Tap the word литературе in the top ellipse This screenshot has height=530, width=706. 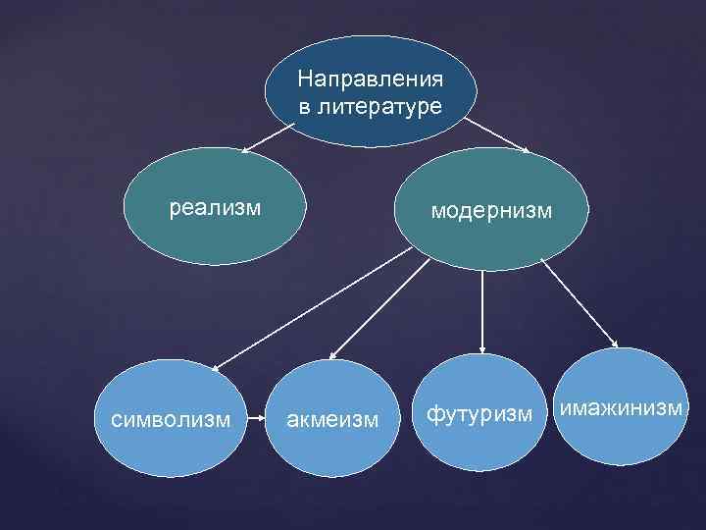(x=378, y=105)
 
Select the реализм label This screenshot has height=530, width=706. (x=216, y=207)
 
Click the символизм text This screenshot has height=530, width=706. (x=172, y=419)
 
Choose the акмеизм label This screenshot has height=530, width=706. (x=330, y=420)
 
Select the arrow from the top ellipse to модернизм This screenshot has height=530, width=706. (x=496, y=136)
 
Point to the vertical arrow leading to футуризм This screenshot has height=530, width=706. (x=482, y=312)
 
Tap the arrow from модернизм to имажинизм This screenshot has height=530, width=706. (x=579, y=303)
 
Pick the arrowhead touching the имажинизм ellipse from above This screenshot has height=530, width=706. (x=614, y=344)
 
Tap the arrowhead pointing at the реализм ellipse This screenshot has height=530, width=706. (x=245, y=152)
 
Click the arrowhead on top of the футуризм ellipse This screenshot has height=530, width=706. (x=482, y=349)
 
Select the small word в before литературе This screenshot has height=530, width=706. (x=305, y=105)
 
